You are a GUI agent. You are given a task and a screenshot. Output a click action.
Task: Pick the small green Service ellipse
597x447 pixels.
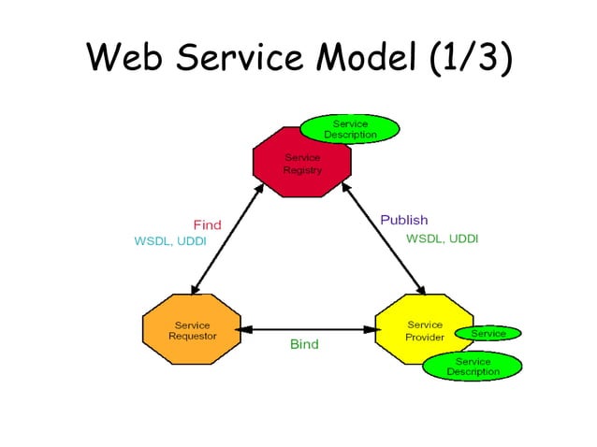[488, 333]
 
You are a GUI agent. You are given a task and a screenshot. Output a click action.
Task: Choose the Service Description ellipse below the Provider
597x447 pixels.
[473, 366]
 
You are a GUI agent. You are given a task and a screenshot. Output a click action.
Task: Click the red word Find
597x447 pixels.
[207, 224]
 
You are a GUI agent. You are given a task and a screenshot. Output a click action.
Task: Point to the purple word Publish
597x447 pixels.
[403, 220]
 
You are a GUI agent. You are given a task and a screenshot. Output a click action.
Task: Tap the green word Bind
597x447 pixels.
[304, 344]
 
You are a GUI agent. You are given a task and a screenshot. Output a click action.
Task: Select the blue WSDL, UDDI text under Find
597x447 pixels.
[170, 241]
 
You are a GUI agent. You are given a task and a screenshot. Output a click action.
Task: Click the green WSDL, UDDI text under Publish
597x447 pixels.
[442, 238]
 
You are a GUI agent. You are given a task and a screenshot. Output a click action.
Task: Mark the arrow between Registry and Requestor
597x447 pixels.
[226, 237]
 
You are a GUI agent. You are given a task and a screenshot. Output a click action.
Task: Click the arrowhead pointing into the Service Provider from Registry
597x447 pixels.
[421, 288]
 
